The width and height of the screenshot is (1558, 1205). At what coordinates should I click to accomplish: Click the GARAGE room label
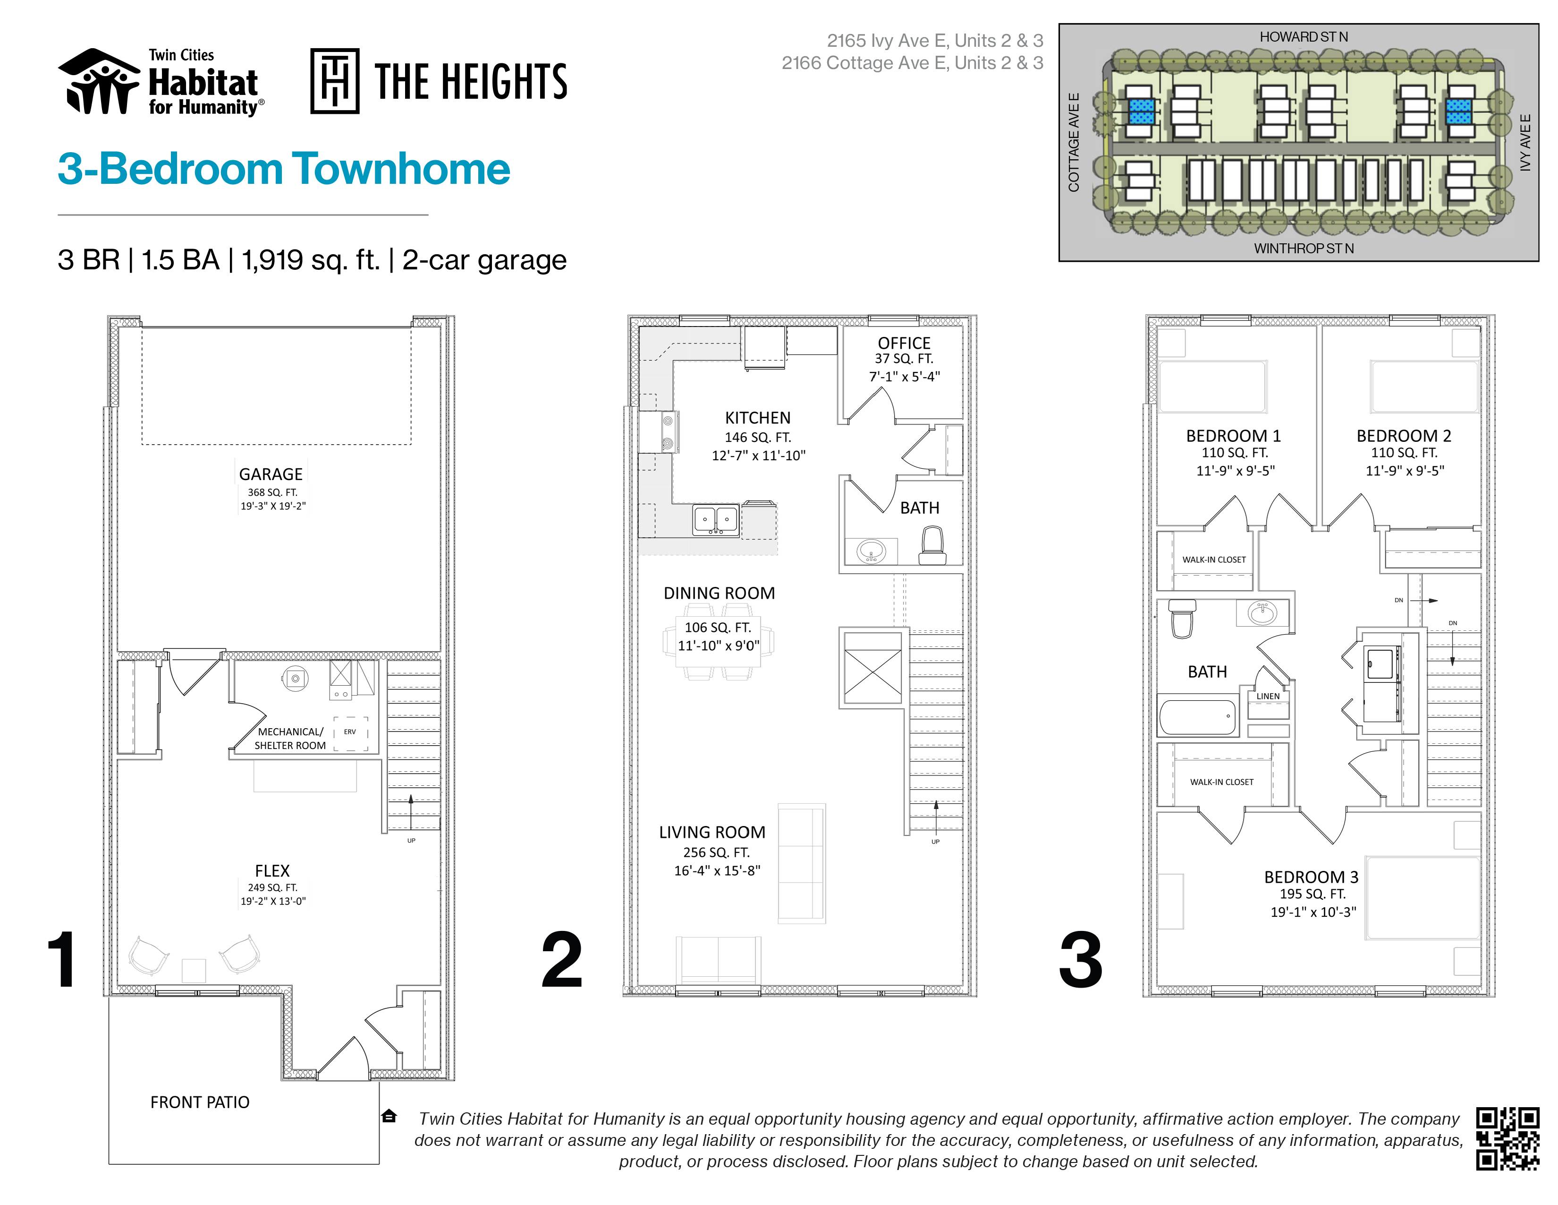click(271, 474)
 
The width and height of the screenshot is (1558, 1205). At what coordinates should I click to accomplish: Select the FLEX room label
click(272, 871)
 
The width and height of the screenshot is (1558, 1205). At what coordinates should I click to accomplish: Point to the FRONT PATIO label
click(200, 1102)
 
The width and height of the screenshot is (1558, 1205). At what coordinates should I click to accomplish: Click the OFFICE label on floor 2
click(904, 344)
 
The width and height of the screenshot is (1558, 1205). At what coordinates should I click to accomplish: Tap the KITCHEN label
click(758, 418)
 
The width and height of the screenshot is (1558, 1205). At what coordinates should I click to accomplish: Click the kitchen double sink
click(716, 519)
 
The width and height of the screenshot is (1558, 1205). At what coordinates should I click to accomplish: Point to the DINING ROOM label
click(719, 593)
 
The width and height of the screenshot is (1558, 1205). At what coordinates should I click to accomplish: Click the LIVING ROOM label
click(712, 832)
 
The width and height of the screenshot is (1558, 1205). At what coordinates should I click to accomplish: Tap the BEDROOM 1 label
click(1233, 436)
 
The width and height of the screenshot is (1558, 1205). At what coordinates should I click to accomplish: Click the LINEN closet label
click(1268, 696)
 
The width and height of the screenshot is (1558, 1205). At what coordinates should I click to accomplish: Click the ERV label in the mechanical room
click(349, 732)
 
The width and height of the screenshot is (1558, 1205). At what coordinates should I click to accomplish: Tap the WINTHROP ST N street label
click(1304, 249)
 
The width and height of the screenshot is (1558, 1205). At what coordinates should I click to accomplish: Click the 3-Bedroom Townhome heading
click(284, 169)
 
